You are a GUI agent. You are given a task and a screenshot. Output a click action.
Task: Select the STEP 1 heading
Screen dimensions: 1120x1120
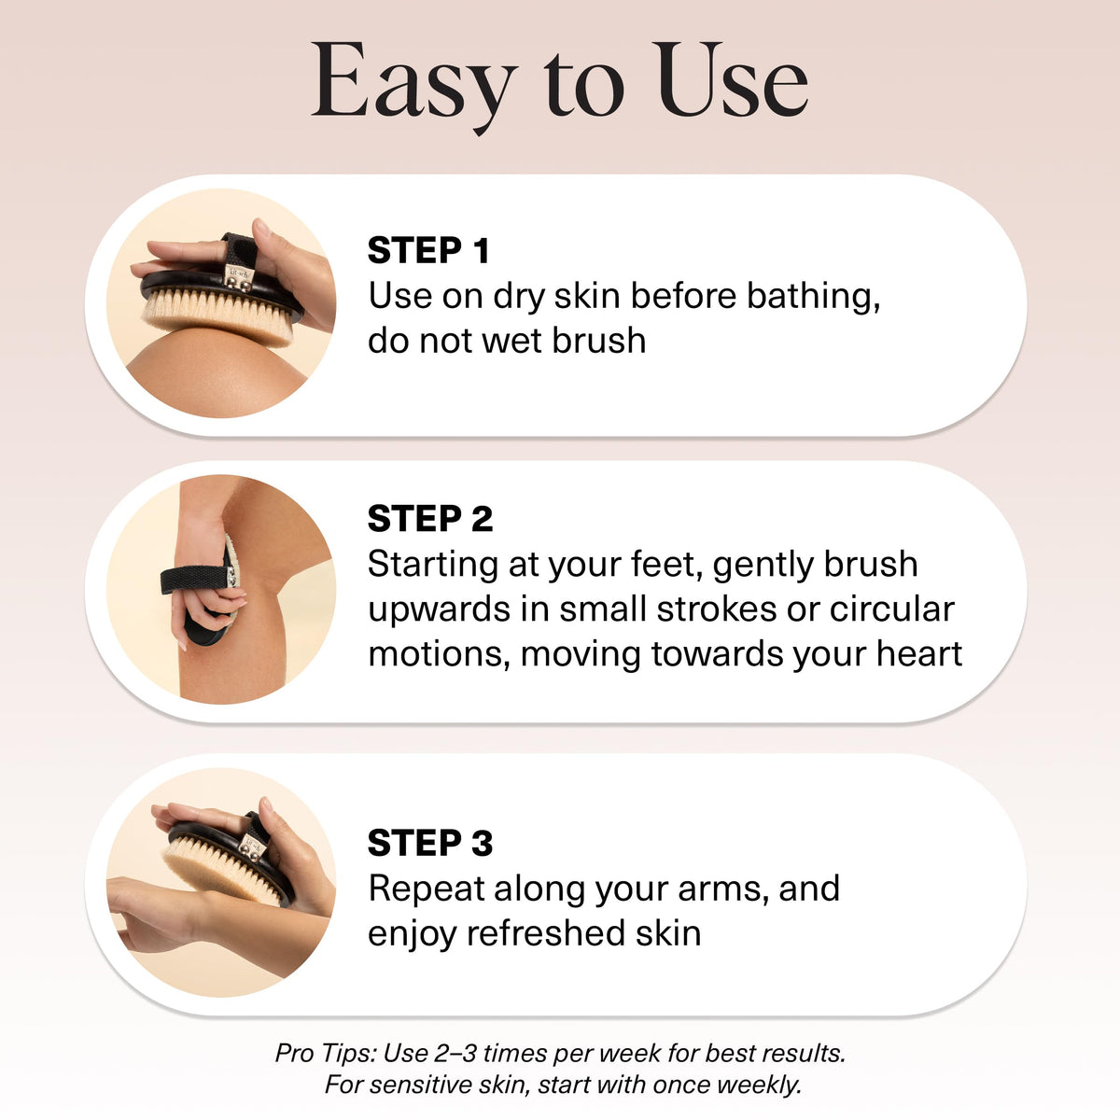click(428, 250)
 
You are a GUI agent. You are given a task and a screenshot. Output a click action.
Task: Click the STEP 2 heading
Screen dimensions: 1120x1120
click(430, 518)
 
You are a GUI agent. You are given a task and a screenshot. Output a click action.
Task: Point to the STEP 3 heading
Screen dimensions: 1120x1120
click(430, 843)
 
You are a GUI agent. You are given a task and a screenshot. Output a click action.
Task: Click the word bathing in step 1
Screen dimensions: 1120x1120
click(813, 297)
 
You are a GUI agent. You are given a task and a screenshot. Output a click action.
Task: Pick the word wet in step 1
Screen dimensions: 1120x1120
click(513, 341)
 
